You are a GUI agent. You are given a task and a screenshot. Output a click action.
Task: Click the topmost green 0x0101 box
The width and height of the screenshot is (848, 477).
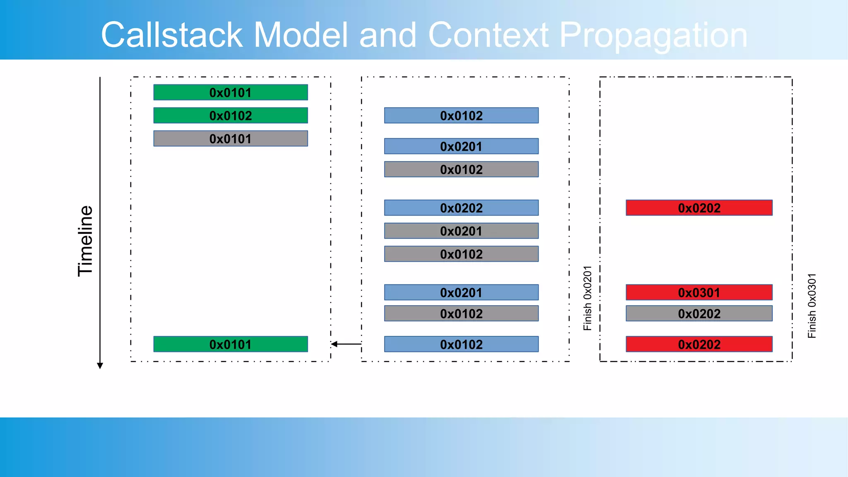coord(230,92)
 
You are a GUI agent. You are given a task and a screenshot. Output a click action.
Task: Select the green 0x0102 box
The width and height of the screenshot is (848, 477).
coord(230,116)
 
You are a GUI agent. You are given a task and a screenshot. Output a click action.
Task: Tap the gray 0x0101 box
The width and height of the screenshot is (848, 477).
coord(230,139)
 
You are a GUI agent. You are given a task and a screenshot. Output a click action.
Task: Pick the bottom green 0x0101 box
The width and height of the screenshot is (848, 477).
coord(230,344)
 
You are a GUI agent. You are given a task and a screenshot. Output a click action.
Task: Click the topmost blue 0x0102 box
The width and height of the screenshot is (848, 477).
coord(461,116)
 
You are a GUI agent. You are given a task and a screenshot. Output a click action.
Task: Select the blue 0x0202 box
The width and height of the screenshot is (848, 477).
coord(461,208)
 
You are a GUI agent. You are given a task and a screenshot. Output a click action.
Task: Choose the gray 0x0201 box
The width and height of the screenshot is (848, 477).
coord(461,231)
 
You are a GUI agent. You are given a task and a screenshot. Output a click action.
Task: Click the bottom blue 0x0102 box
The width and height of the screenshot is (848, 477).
coord(461,344)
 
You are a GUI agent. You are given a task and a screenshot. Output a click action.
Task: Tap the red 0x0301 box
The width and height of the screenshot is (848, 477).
coord(699,292)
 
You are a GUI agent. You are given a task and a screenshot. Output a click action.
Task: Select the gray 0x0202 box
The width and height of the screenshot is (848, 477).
coord(699,313)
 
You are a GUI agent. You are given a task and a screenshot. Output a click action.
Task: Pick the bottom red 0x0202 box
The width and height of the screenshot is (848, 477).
coord(699,344)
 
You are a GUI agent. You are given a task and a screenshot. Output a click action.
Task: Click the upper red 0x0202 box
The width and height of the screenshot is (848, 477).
coord(699,208)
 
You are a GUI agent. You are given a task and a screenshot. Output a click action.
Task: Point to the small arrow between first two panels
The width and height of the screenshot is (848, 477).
coord(346,344)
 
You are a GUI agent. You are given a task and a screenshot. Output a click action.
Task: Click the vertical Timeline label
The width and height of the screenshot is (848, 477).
coord(86,241)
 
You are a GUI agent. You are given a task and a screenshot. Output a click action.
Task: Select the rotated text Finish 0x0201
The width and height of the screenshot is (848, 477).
coord(587,298)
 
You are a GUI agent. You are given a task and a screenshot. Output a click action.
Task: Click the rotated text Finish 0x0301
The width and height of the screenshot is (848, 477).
coord(812,306)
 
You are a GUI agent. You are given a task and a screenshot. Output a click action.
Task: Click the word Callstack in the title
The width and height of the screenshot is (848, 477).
coord(171,35)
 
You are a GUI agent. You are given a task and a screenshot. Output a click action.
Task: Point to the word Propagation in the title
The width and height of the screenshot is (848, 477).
coord(653,35)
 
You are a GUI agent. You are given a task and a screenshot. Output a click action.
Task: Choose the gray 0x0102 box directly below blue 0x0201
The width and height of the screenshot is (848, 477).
coord(461,169)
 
